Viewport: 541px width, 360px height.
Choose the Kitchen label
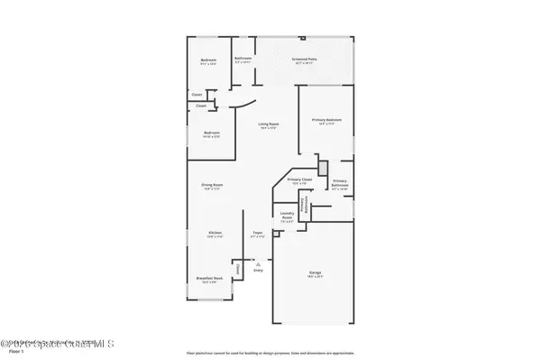click(x=215, y=233)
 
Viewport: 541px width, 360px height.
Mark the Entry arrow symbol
click(x=258, y=263)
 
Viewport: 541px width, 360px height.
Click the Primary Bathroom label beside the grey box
click(x=340, y=185)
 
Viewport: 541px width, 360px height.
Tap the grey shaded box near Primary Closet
click(x=321, y=169)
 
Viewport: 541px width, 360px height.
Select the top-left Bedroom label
click(x=208, y=60)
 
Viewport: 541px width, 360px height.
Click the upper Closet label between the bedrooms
click(x=197, y=94)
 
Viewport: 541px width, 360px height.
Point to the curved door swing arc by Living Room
click(x=241, y=106)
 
